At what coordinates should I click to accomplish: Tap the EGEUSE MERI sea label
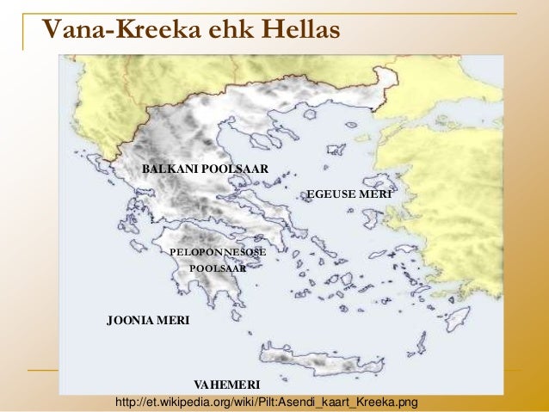tap(349, 195)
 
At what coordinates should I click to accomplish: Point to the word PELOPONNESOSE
tap(218, 252)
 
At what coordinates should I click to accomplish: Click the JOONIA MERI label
tap(147, 321)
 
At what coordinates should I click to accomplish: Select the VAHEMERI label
tap(227, 382)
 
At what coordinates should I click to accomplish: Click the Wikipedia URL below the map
tap(266, 402)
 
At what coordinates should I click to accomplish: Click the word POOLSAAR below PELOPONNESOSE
tap(217, 268)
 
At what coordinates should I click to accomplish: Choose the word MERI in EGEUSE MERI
tap(376, 195)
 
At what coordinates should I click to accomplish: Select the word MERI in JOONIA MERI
tap(173, 321)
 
